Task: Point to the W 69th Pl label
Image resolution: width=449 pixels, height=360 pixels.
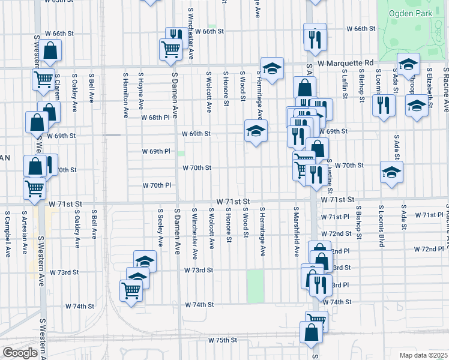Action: (152, 151)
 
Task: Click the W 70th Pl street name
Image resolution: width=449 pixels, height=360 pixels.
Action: (157, 185)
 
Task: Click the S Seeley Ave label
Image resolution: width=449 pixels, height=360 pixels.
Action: (161, 227)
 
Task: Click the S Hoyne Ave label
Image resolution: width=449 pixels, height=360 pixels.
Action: (141, 91)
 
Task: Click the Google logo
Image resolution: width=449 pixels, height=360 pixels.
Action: (19, 353)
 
